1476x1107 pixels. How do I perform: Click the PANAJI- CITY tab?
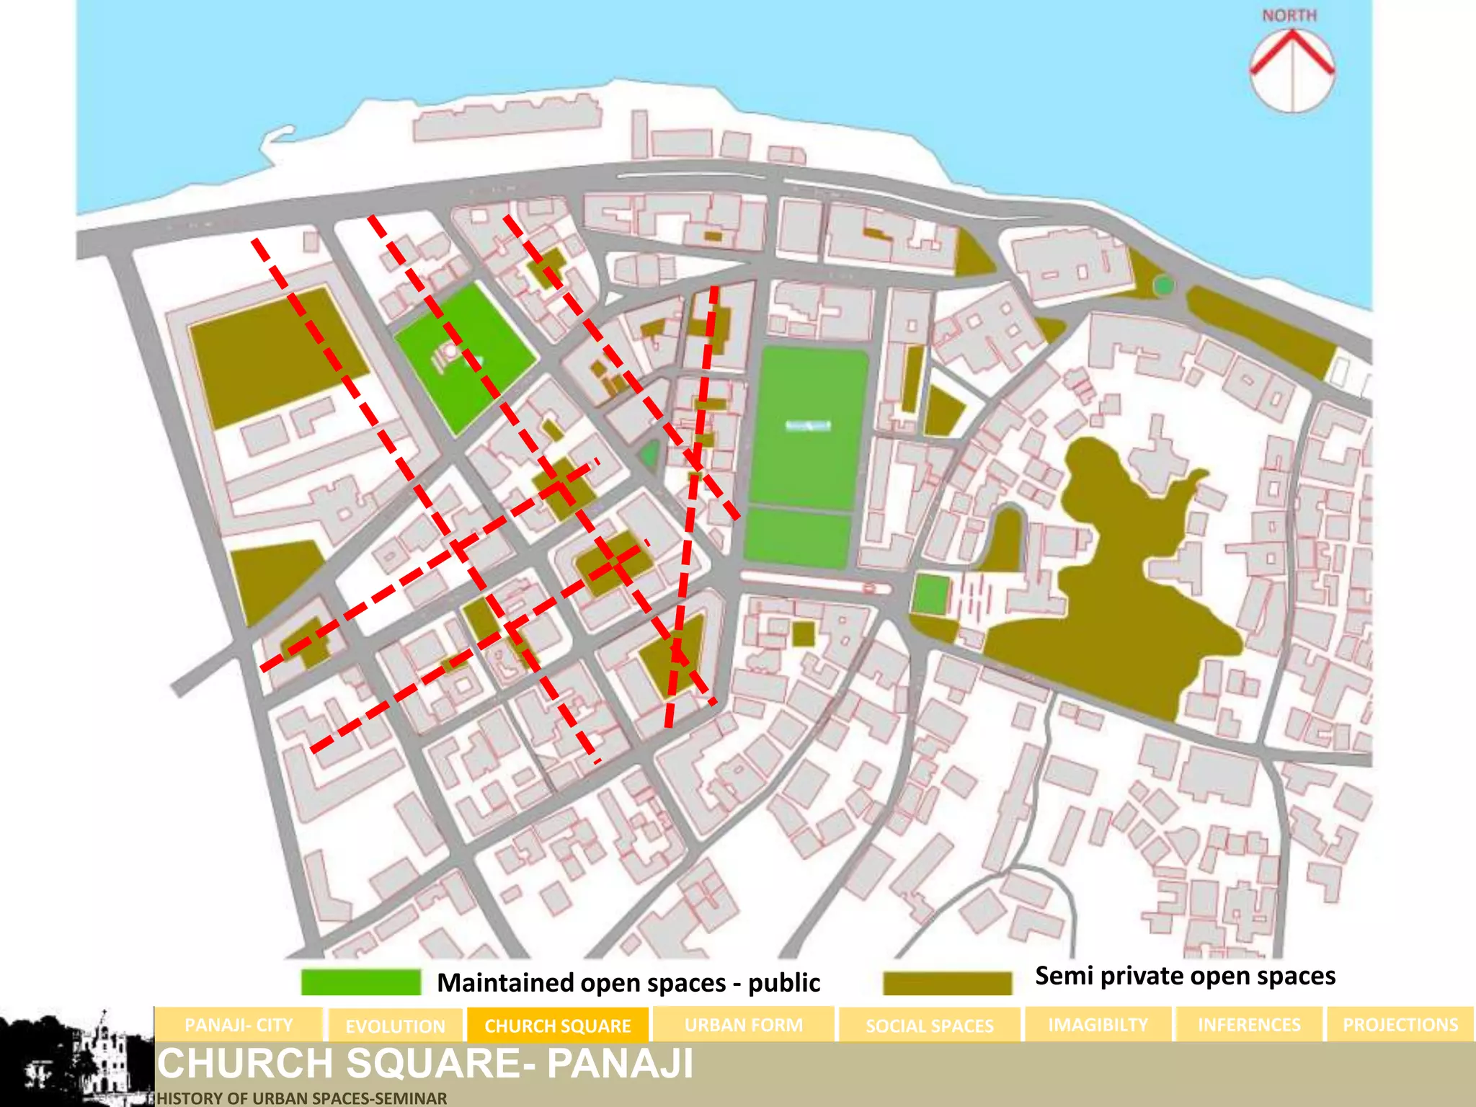point(239,1025)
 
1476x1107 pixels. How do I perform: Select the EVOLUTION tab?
point(395,1026)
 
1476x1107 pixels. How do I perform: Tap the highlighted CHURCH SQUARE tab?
point(558,1026)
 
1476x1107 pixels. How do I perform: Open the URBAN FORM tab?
point(743,1025)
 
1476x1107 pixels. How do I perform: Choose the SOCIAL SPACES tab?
point(929,1026)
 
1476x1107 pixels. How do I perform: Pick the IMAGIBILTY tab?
point(1098,1025)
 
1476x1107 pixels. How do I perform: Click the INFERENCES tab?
point(1249,1025)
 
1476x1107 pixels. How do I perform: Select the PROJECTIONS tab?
point(1400,1025)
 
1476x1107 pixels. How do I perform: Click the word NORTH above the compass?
point(1289,16)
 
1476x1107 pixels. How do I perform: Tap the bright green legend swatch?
point(360,982)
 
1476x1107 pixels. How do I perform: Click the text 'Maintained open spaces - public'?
point(628,983)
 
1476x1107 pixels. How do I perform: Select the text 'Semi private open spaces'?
point(1185,976)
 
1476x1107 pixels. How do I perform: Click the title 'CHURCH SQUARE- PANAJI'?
point(425,1064)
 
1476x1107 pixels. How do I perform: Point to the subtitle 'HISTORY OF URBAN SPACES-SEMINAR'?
point(302,1098)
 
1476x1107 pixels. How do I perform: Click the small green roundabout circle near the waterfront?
point(1163,285)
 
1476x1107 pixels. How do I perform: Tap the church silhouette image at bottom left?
point(77,1058)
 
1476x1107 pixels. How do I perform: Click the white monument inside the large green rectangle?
point(808,426)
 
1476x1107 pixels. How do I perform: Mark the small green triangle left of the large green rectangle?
point(650,455)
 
